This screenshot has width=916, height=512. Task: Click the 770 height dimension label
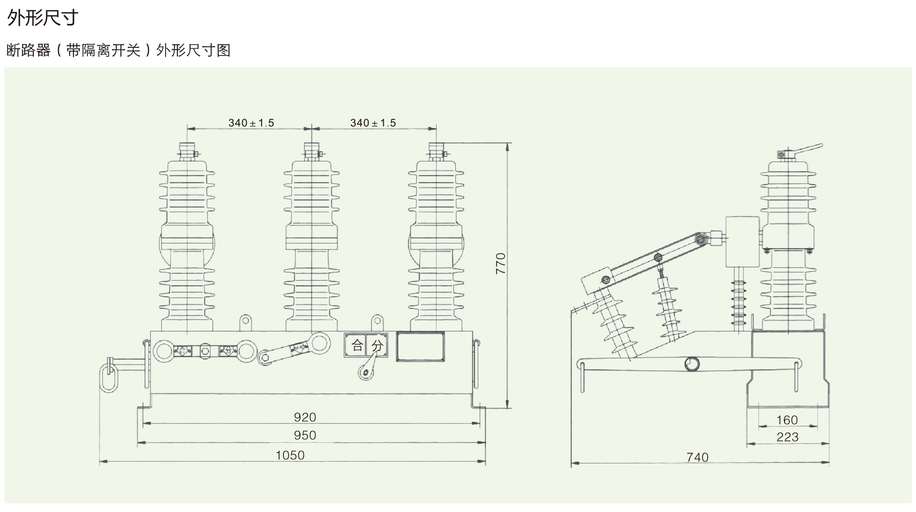[501, 263]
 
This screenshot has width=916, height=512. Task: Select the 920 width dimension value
[305, 417]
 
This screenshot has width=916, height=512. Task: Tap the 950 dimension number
[305, 435]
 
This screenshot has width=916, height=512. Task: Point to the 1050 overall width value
[290, 455]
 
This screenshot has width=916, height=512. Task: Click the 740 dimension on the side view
[697, 457]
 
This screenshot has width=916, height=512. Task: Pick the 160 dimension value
[787, 420]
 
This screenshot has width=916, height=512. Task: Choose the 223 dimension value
[787, 437]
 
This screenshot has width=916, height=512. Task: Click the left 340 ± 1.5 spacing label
[251, 123]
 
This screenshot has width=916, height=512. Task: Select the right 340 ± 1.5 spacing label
[373, 123]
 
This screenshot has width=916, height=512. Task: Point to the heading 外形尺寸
[43, 18]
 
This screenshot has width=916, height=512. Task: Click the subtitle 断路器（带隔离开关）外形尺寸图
[119, 50]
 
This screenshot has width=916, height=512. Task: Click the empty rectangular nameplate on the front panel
[420, 347]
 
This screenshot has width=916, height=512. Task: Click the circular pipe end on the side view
[692, 364]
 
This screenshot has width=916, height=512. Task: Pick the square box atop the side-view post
[743, 241]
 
